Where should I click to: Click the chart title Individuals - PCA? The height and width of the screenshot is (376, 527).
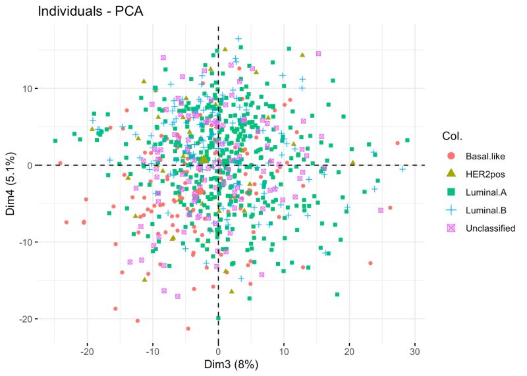(x=82, y=11)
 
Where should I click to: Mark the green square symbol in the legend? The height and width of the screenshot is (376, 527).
(x=451, y=192)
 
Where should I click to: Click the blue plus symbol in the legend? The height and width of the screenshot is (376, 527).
(x=451, y=210)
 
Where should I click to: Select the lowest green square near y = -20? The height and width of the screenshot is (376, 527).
(x=218, y=318)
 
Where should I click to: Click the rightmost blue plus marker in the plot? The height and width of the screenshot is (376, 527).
(x=402, y=169)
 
